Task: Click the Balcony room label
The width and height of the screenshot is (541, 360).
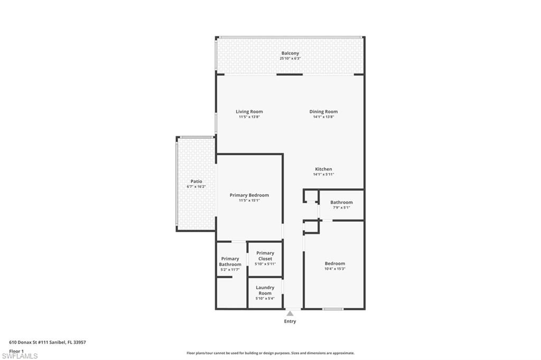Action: [x=290, y=53]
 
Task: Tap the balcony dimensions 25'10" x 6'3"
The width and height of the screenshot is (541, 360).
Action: [x=290, y=59]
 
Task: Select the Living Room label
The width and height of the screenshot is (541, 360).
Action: [x=249, y=111]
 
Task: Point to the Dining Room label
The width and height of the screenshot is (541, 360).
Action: [x=323, y=111]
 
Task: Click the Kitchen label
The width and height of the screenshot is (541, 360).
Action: [x=323, y=169]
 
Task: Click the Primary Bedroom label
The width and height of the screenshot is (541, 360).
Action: [x=249, y=195]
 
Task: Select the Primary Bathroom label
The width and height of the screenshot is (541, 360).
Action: [x=230, y=261]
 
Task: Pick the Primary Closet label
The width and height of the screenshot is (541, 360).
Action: [x=265, y=255]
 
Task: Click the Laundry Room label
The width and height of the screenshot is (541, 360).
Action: [x=265, y=290]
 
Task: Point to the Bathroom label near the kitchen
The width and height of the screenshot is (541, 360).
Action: [x=341, y=202]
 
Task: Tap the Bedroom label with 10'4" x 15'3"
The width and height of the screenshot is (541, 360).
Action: [x=334, y=263]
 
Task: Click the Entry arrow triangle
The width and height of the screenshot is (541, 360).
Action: [x=290, y=314]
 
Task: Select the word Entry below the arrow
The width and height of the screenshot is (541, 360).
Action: [x=290, y=321]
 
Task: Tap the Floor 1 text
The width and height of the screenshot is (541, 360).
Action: [x=17, y=350]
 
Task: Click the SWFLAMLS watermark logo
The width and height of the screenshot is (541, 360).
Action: [x=20, y=356]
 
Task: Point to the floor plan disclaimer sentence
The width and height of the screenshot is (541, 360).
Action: [x=270, y=353]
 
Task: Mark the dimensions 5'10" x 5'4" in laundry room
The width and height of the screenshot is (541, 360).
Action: [x=265, y=299]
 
